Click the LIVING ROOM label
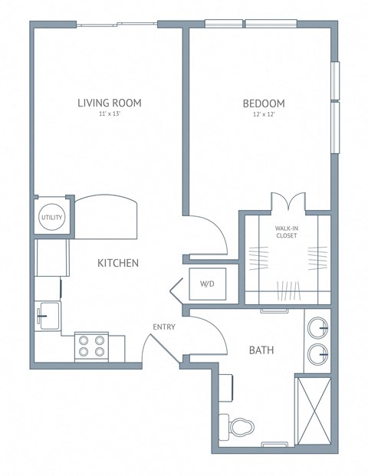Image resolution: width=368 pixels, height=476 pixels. click(x=110, y=103)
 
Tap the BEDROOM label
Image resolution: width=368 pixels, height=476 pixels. click(x=264, y=103)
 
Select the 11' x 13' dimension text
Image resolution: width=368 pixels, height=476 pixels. click(x=110, y=114)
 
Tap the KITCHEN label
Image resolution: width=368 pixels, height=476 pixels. click(x=117, y=263)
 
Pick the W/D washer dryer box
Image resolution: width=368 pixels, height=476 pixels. click(x=207, y=285)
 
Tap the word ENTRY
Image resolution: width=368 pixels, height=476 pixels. click(x=164, y=327)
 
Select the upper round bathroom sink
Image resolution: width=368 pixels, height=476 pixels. click(x=318, y=329)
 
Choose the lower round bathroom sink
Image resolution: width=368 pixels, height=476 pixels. click(x=318, y=354)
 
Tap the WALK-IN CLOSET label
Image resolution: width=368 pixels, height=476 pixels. click(x=287, y=231)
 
